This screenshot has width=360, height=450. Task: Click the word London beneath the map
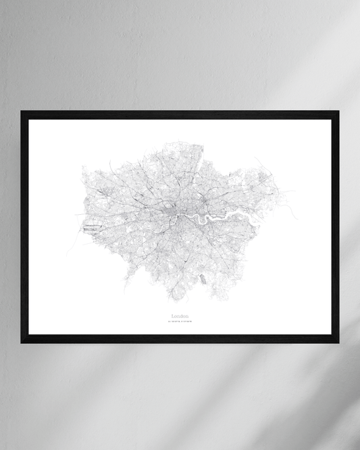point(180,315)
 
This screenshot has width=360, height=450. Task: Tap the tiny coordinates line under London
point(180,321)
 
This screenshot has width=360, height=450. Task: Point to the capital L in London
point(173,315)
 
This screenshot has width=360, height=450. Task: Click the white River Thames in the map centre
point(192,218)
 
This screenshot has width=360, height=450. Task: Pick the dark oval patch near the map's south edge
point(201,278)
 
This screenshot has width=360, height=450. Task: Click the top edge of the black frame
point(180,114)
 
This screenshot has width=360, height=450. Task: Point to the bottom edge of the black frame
point(180,339)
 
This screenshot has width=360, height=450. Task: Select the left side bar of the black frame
point(24,226)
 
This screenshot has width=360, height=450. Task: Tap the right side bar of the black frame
point(335,226)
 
